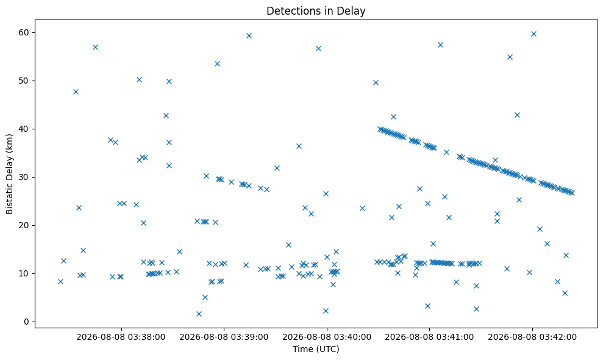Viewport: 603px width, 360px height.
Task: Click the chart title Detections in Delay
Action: point(316,11)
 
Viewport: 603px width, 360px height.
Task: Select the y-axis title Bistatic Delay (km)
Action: point(9,174)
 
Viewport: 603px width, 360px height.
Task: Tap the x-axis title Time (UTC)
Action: point(316,349)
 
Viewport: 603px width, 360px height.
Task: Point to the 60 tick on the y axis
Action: point(23,32)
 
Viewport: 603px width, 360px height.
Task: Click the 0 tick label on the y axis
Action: point(26,322)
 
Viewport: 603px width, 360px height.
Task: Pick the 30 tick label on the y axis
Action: point(23,177)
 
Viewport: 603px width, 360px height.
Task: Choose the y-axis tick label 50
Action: point(23,81)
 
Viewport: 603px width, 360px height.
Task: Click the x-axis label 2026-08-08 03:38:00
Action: point(121,337)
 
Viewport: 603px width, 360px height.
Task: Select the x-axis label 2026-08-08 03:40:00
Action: point(327,337)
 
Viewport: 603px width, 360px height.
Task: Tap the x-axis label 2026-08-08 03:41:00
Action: point(429,337)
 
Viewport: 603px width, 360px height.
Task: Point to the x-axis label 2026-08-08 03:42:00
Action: point(532,337)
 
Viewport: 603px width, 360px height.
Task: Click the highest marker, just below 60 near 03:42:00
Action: point(533,34)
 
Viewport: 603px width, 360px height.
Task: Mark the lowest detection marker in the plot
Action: point(199,314)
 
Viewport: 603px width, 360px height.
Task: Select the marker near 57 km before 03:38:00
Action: point(95,48)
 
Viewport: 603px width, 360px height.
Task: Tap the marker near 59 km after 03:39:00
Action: point(249,36)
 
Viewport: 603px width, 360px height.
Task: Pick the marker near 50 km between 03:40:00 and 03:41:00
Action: point(376,83)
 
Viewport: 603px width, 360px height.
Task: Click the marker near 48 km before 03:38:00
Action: point(76,92)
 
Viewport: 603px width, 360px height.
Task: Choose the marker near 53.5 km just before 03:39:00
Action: point(217,63)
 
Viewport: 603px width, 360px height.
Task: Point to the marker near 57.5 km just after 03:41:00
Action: point(440,45)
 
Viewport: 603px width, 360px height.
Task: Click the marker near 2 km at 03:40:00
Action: point(326,311)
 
